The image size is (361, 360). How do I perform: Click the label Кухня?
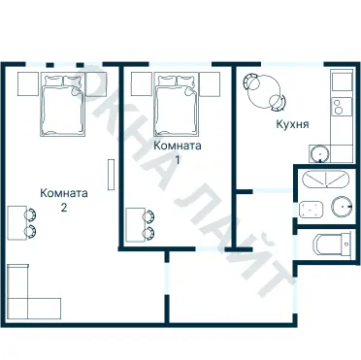click(x=292, y=124)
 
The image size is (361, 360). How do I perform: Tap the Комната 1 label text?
click(x=178, y=152)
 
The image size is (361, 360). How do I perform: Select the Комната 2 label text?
click(x=64, y=200)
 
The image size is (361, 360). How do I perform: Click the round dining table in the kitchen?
click(x=264, y=92)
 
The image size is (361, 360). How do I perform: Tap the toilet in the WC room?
click(x=332, y=244)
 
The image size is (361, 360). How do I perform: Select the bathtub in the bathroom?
click(x=326, y=180)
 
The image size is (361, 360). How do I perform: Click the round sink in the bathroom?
click(x=342, y=207)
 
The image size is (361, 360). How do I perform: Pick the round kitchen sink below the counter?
click(x=319, y=153)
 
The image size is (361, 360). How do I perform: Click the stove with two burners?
click(x=341, y=107)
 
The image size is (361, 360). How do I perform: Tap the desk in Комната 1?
click(x=134, y=225)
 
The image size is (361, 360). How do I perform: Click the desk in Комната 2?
click(x=16, y=223)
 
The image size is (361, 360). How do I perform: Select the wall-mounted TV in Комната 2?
click(x=111, y=175)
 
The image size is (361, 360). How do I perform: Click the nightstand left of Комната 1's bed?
click(x=142, y=83)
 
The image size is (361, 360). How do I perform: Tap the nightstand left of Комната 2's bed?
click(x=28, y=83)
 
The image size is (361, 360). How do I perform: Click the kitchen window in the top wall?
click(x=292, y=64)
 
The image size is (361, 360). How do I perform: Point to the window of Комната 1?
click(x=180, y=64)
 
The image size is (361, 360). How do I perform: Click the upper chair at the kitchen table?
click(x=251, y=82)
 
